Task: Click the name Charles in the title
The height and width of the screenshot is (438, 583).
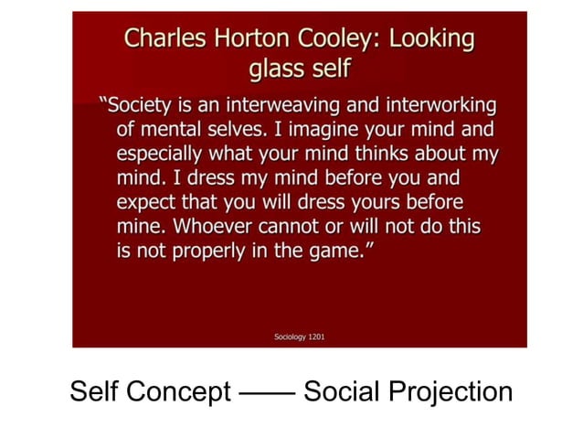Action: click(165, 38)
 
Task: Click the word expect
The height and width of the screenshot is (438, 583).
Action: click(145, 201)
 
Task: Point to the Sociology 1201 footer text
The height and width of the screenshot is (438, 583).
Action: click(299, 337)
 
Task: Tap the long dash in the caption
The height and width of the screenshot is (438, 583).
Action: click(267, 393)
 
